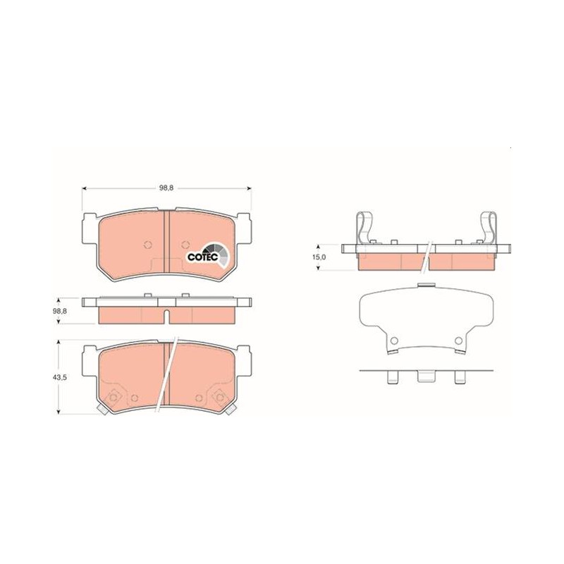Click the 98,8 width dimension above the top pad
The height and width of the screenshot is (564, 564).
(166, 188)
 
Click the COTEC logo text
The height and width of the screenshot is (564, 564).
(203, 257)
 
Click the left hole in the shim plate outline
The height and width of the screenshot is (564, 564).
(394, 341)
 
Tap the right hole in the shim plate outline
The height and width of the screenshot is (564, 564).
(458, 341)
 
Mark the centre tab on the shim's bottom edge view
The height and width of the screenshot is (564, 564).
(427, 376)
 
